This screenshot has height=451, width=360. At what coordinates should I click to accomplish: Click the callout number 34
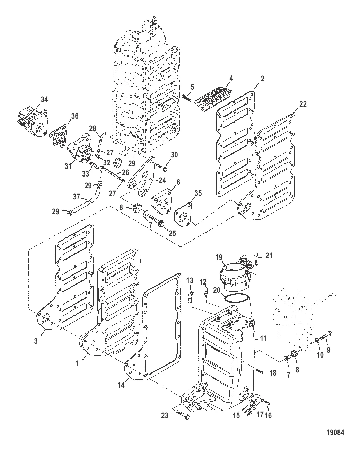pos(44,100)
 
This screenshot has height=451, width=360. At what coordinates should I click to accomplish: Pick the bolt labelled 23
pos(183,414)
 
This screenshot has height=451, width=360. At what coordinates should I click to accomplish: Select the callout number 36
pos(75,117)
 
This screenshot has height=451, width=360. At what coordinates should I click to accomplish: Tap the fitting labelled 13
pos(190,297)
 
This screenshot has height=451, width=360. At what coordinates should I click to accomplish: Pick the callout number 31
pos(68,166)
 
